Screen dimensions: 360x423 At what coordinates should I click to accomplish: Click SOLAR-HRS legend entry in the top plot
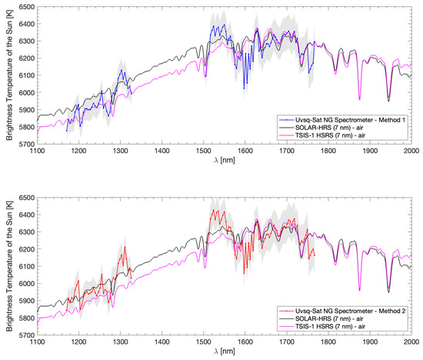point(335,128)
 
